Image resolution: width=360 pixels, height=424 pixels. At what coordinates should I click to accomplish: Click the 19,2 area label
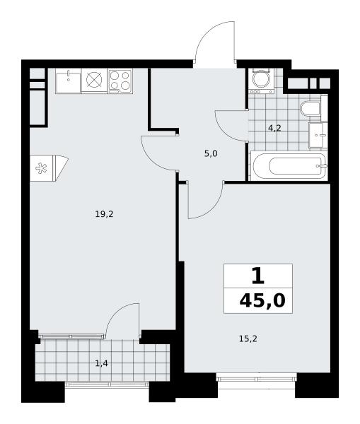(x=104, y=214)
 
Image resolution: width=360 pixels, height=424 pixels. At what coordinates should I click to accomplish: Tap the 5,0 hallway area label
(x=211, y=154)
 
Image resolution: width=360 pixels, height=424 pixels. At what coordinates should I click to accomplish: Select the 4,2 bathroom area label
(x=274, y=128)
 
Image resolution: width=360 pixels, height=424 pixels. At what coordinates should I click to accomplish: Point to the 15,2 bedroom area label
(x=248, y=338)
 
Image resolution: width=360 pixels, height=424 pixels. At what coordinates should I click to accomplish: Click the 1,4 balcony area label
(x=102, y=363)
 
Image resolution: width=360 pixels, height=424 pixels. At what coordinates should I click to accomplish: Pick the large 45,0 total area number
(x=262, y=301)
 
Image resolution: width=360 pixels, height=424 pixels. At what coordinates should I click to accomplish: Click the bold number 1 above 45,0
(x=257, y=276)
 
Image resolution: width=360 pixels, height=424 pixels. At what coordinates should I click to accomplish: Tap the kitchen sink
(x=68, y=81)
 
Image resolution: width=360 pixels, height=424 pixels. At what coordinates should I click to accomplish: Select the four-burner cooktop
(x=120, y=81)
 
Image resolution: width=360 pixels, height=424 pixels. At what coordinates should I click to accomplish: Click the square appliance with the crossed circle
(x=94, y=80)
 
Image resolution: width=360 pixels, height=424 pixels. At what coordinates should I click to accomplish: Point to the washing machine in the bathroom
(x=261, y=81)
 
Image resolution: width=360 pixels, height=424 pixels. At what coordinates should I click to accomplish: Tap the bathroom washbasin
(x=318, y=135)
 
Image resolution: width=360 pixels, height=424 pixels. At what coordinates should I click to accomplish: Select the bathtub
(x=289, y=166)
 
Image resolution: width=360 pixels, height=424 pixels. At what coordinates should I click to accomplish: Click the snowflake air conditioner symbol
(x=41, y=168)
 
